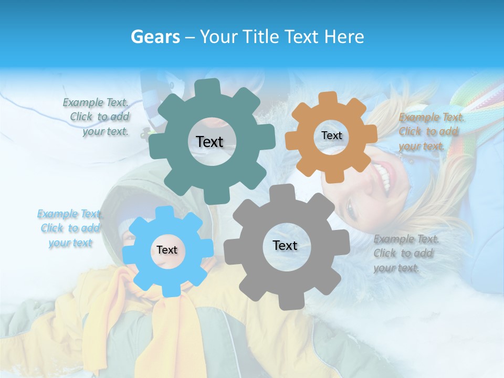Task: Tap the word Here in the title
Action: pyautogui.click(x=344, y=37)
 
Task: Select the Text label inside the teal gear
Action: pyautogui.click(x=209, y=142)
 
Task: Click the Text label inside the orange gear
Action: pyautogui.click(x=331, y=135)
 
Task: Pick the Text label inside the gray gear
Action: pyautogui.click(x=285, y=245)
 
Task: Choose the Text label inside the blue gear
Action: pyautogui.click(x=166, y=250)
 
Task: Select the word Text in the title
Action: pyautogui.click(x=302, y=37)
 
